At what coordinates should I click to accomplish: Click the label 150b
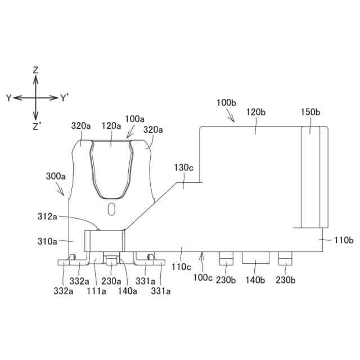[x=310, y=112]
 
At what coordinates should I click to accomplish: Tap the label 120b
[x=256, y=112]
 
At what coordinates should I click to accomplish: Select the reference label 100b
[x=226, y=102]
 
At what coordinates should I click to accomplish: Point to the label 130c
[x=183, y=168]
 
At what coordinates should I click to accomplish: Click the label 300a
[x=56, y=176]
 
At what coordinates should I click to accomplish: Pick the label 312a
[x=47, y=217]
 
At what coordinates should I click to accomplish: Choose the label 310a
[x=47, y=241]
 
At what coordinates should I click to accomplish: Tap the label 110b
[x=344, y=240]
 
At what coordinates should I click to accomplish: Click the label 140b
[x=255, y=280]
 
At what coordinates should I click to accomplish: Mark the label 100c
[x=202, y=277]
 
